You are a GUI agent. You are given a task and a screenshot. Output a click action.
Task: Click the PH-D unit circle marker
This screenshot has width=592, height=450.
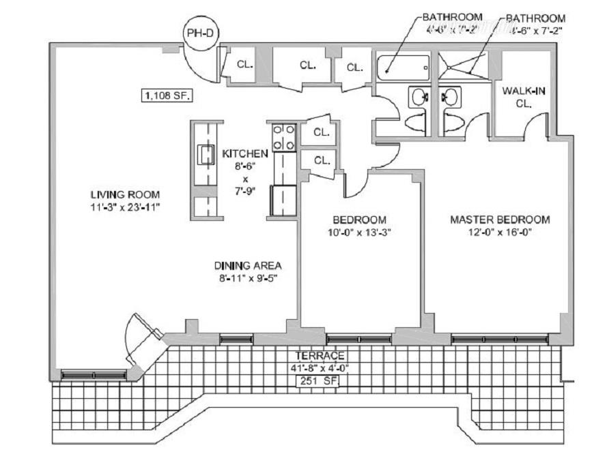point(200,31)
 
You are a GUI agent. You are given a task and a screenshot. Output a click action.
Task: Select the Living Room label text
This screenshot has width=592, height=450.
point(115,194)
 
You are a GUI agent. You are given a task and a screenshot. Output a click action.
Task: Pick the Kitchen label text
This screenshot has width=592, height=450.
point(240,153)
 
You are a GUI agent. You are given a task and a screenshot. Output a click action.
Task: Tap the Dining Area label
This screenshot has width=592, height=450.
point(247,265)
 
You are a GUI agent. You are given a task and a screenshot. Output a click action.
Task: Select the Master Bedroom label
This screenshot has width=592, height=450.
point(500,220)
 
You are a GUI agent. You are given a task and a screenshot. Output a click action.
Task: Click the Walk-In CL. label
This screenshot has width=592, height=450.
point(523,97)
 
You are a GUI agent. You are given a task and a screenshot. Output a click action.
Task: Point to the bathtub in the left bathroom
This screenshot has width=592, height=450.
point(404,67)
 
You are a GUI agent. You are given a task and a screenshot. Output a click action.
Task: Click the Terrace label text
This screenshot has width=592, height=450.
point(320,356)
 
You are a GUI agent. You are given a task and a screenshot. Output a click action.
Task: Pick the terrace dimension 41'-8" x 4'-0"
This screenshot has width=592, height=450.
point(320,368)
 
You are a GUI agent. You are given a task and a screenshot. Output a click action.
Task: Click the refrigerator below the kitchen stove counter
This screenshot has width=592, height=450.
point(284,200)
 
